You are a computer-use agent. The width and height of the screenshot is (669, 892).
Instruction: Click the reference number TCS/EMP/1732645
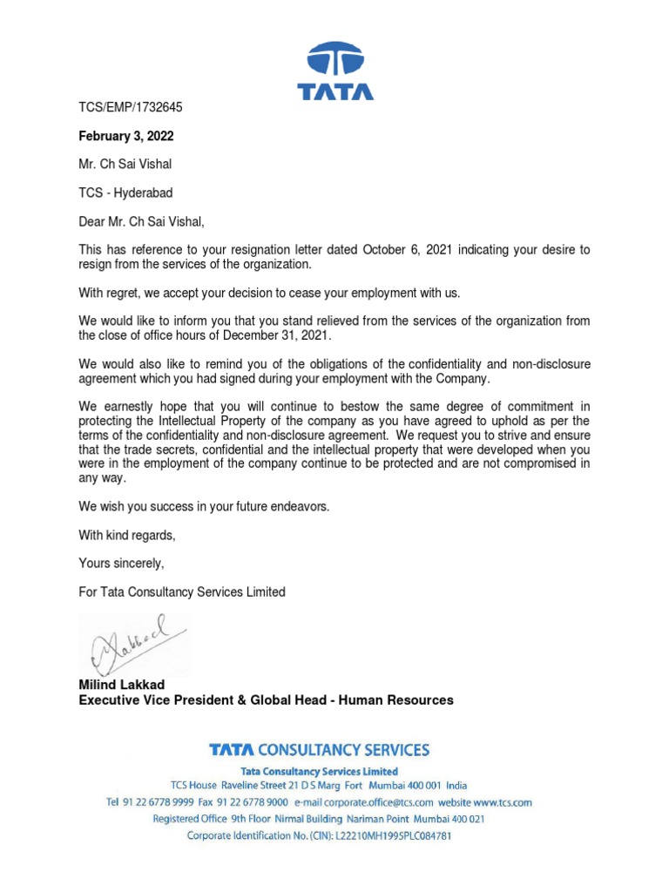[x=131, y=107]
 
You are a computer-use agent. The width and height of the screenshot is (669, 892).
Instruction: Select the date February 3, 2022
[x=126, y=136]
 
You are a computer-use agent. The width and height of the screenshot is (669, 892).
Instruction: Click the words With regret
[x=110, y=292]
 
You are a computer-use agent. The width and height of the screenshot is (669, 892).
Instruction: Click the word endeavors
[x=301, y=506]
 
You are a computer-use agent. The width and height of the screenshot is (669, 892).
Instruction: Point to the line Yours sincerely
[x=121, y=563]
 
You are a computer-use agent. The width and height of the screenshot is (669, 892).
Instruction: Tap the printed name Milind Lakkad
[x=122, y=686]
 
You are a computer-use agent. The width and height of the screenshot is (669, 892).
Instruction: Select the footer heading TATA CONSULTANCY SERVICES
[x=319, y=749]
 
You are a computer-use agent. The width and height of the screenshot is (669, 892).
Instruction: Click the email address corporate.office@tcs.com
[x=364, y=802]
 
